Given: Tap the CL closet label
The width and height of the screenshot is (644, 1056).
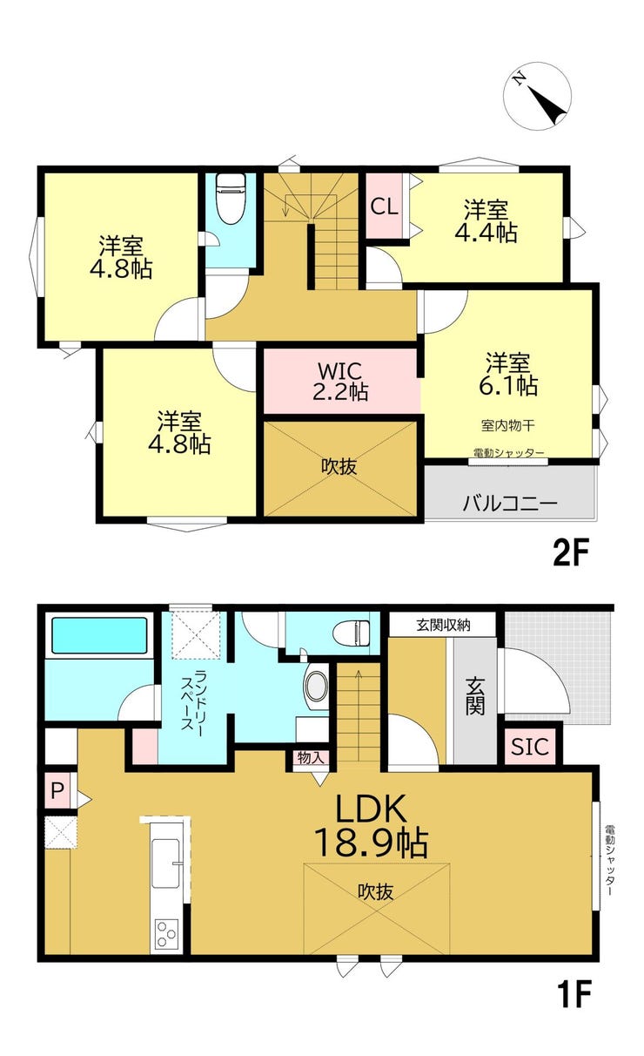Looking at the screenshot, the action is coord(384,206).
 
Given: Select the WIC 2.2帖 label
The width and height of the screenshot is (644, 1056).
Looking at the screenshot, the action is coord(340,382).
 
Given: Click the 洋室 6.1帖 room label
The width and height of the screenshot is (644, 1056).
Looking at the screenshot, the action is coord(508,375).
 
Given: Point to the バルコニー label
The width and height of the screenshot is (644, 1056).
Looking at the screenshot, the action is coord(510,504).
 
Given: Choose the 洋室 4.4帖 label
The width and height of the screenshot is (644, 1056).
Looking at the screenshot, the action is coord(486,221).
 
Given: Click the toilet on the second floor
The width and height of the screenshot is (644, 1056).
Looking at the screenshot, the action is coord(231,198).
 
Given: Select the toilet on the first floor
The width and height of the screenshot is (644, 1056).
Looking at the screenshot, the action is coord(352,632).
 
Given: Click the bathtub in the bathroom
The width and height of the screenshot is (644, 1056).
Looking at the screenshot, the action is coord(99,635).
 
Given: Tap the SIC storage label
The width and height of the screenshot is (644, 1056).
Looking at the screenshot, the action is coord(530,747).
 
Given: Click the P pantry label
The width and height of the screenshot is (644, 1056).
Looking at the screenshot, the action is coord(57,790).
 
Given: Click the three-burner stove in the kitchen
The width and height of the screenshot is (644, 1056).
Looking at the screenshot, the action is coord(166,933).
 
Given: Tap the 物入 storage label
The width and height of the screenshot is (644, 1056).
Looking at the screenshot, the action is coord(311,758).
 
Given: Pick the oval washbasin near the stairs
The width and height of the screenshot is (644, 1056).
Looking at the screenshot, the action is coord(317,686).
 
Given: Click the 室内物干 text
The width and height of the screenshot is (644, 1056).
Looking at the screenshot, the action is coord(508,426).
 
